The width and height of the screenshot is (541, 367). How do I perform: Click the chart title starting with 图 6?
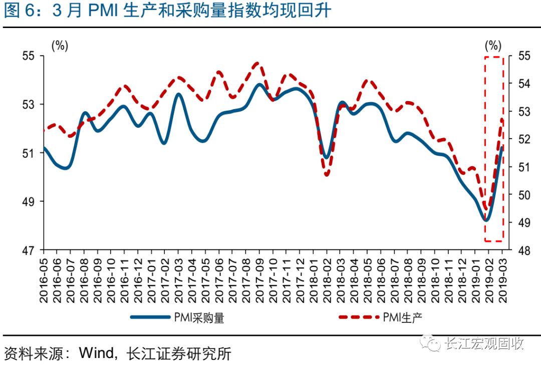[x=167, y=11]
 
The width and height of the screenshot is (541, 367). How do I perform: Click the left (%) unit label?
[x=60, y=46]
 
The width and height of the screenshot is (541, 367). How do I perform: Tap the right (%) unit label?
[x=493, y=46]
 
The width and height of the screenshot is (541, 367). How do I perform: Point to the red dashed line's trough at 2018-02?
[x=327, y=175]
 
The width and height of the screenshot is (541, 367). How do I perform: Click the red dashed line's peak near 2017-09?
[x=257, y=63]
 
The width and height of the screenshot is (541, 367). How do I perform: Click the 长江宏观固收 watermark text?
[x=484, y=343]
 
